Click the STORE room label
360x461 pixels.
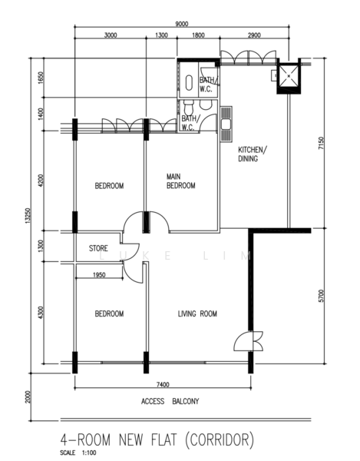coord(98,248)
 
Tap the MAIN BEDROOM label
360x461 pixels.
coord(181,181)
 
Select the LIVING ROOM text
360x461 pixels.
coord(197,313)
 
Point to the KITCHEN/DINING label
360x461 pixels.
coord(253,154)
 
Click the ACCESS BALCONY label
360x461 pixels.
coord(170,401)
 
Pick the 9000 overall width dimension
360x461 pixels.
coord(182,24)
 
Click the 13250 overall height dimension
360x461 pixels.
coord(28,216)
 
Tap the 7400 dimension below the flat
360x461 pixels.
coord(163,385)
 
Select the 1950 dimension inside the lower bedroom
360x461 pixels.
coord(99,275)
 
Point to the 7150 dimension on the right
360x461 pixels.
coord(322,143)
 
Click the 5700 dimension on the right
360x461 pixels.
coord(322,296)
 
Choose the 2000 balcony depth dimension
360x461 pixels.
coord(28,397)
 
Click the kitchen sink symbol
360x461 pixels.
coord(226,124)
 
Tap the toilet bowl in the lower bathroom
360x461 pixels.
coord(188,108)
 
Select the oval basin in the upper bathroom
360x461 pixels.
coord(189,83)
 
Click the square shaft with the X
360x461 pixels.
coord(289,76)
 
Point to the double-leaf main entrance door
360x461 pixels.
coord(249,341)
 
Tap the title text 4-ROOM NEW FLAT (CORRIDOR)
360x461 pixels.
coord(157,440)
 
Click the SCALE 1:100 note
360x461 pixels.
coord(78,453)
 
